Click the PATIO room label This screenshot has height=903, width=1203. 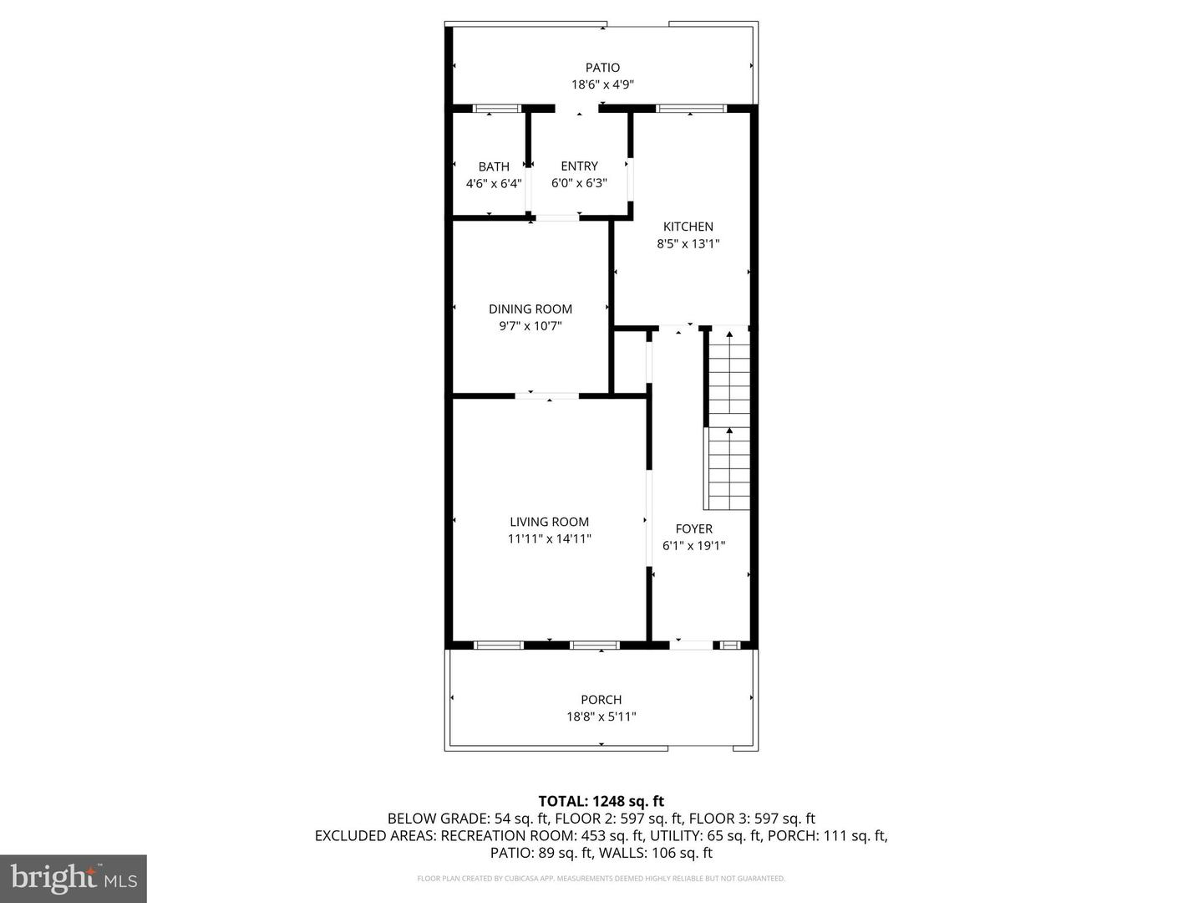[x=602, y=68]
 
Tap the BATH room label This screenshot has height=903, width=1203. [x=494, y=166]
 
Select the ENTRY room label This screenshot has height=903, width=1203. [x=579, y=166]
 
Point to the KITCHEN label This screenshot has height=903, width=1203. [x=688, y=227]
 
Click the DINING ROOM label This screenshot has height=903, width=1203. [x=530, y=309]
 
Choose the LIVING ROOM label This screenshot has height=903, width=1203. [x=549, y=522]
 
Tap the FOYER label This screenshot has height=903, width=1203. [x=694, y=528]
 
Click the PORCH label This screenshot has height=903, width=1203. [x=601, y=700]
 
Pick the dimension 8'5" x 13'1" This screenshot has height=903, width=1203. [x=688, y=243]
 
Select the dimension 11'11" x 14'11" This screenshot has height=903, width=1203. [x=549, y=538]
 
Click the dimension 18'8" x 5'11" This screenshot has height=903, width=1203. [x=601, y=716]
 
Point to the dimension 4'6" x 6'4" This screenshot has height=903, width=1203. [x=494, y=183]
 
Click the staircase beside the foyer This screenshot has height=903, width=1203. [x=728, y=418]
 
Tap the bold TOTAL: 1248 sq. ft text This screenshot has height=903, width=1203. [x=601, y=801]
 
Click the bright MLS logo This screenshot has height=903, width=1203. [x=74, y=878]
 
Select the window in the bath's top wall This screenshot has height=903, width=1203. [x=496, y=108]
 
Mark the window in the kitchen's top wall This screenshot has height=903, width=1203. [x=691, y=108]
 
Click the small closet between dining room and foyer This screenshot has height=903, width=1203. [x=631, y=361]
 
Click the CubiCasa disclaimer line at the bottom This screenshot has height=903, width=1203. [x=601, y=878]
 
